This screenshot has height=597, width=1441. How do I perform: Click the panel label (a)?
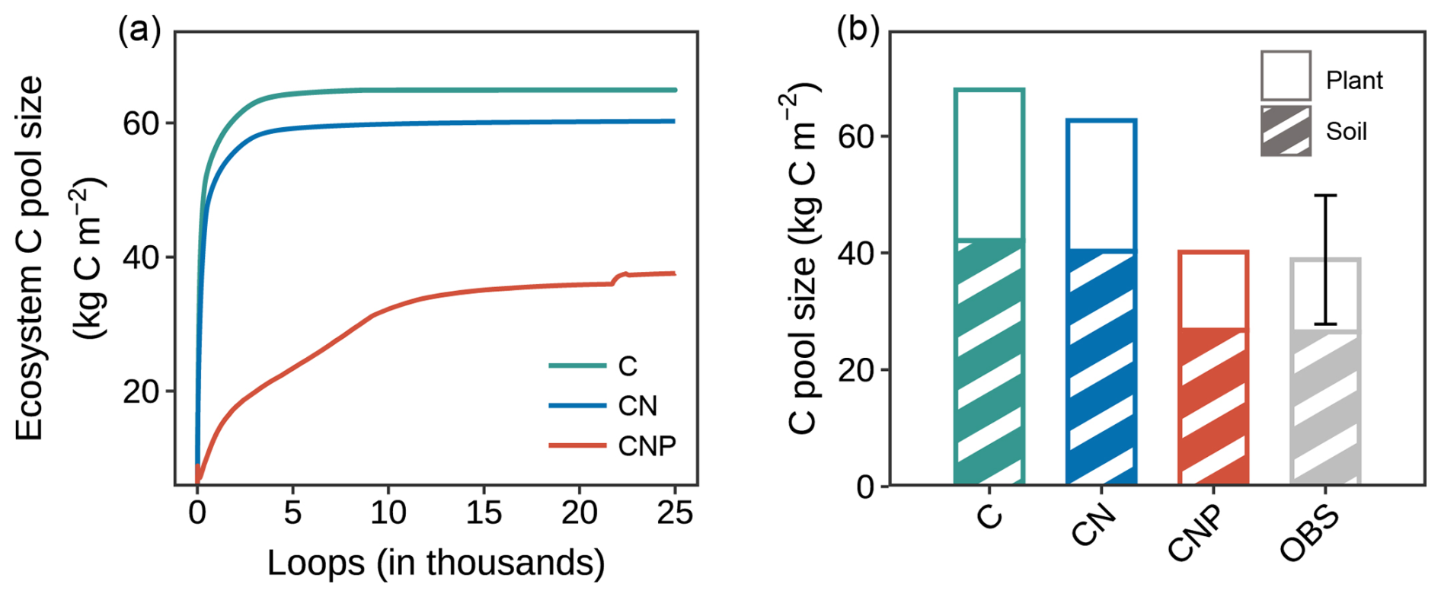coord(139,32)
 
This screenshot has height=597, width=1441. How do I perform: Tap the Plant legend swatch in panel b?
coord(1286,76)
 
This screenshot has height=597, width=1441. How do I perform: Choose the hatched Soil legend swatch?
coord(1286,131)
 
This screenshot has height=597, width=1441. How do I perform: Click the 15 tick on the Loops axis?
coord(484,513)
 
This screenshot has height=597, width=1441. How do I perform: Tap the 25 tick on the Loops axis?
coord(675,513)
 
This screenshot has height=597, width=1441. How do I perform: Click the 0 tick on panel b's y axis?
coord(866,487)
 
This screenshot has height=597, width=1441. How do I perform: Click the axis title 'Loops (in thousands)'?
coord(436,563)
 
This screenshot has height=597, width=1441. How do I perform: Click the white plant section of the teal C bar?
coord(989,164)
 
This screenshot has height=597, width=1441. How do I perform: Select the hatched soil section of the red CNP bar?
coord(1213,407)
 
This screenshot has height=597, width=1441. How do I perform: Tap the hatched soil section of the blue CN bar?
coord(1101,369)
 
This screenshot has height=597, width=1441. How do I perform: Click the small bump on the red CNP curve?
coord(623,275)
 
